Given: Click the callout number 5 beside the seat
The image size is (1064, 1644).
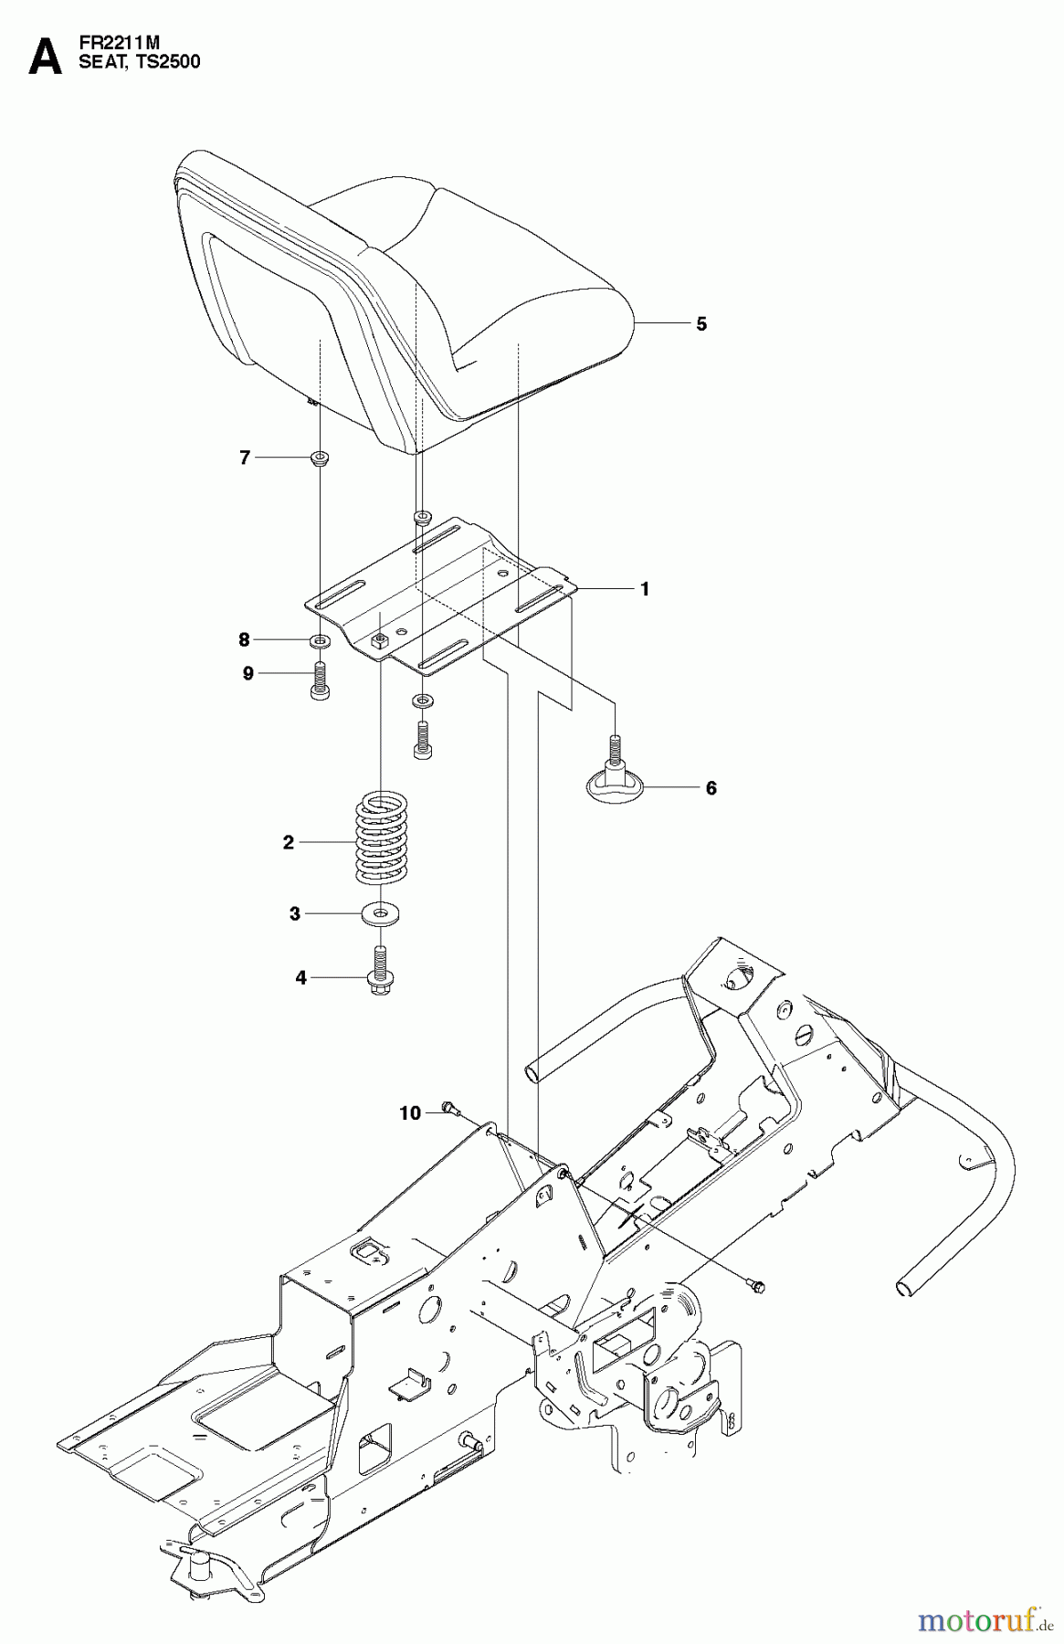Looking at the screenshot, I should click(x=701, y=324).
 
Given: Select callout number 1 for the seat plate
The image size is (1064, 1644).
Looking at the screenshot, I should click(x=645, y=589).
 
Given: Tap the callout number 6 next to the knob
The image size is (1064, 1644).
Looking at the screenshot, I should click(x=711, y=787).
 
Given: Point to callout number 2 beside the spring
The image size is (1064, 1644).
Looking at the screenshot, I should click(x=289, y=843).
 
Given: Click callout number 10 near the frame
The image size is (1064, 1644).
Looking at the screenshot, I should click(x=410, y=1112).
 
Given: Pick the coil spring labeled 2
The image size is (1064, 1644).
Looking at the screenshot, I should click(x=380, y=838).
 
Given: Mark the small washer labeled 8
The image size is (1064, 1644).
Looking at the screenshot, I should click(x=320, y=639).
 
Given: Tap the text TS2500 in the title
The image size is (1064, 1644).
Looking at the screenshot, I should click(x=170, y=62).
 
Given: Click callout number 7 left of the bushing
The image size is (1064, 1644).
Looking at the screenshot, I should click(x=245, y=458).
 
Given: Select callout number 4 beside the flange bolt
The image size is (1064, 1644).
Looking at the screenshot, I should click(x=300, y=978).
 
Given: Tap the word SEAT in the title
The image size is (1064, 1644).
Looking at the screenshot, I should click(x=100, y=62).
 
